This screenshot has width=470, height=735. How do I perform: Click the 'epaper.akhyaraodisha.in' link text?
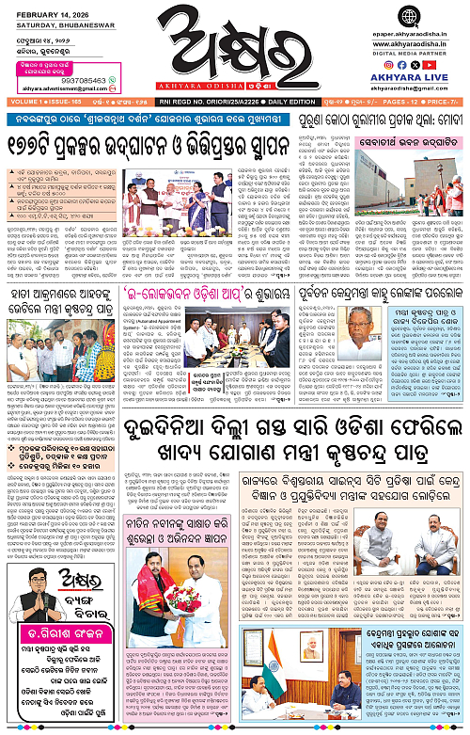417,8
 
